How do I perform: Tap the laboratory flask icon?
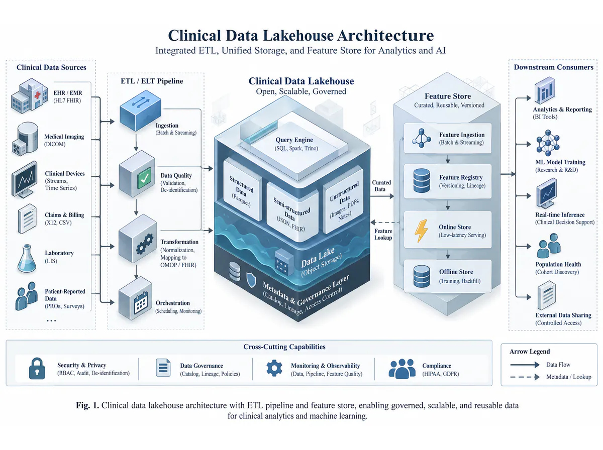[27, 258]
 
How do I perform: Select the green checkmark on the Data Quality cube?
[144, 178]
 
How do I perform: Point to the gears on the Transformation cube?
[145, 243]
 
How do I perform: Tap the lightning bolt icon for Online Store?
[421, 231]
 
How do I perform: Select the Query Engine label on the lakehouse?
[294, 140]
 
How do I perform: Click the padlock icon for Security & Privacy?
[37, 369]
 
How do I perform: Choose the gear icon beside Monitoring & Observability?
[274, 368]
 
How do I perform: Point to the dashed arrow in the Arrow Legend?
[525, 377]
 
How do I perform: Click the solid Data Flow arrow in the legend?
[525, 365]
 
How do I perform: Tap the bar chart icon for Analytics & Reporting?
[545, 90]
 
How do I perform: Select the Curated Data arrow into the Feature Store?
[382, 196]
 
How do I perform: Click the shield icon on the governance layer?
[251, 280]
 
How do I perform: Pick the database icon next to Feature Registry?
[422, 181]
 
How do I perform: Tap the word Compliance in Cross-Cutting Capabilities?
[437, 366]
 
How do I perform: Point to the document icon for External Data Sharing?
[547, 295]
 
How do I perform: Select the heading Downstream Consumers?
[554, 67]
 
